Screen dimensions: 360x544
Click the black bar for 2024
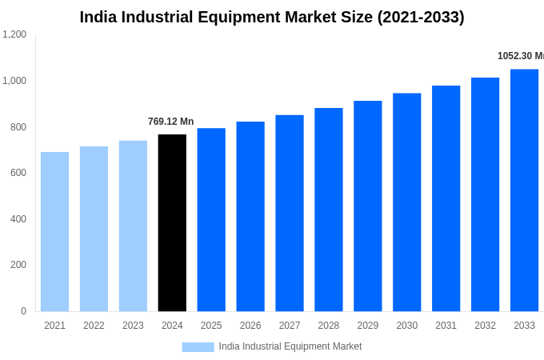pos(172,223)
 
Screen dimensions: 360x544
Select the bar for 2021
pos(54,232)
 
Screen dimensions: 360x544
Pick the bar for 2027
pos(290,214)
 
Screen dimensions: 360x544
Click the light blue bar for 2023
pos(133,226)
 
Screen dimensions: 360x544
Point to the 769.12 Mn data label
pos(170,122)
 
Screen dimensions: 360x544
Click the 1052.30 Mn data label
pos(520,56)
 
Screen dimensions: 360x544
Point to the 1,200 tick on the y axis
pos(14,34)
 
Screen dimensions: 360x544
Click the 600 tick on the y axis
pos(18,173)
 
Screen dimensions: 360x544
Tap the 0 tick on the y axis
pos(23,311)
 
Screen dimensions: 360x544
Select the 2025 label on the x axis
pos(211,326)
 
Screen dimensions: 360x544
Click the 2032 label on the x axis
pos(485,326)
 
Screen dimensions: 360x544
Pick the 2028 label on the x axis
pos(328,326)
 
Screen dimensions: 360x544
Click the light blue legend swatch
pos(198,347)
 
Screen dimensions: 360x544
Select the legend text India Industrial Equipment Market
pos(290,346)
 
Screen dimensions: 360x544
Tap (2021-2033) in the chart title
pos(421,17)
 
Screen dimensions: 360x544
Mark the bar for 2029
pos(368,206)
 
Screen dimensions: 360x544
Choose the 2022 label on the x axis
pos(94,326)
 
